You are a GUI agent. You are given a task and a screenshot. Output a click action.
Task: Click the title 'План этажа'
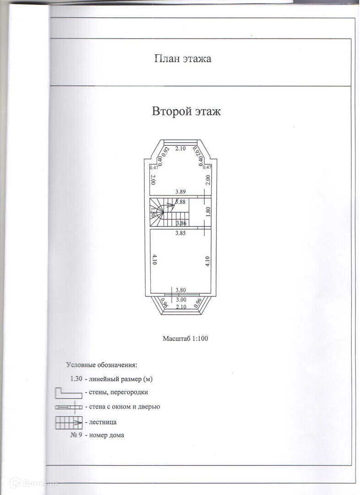click(x=182, y=59)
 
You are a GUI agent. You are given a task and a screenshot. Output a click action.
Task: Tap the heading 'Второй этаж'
click(x=186, y=111)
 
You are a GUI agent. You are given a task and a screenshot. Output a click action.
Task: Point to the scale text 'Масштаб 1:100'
click(x=185, y=339)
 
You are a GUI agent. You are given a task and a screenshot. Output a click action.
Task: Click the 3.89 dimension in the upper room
click(x=180, y=191)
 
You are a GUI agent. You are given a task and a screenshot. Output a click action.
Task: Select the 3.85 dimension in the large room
click(x=180, y=233)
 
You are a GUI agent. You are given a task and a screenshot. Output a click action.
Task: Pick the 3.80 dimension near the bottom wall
click(x=180, y=290)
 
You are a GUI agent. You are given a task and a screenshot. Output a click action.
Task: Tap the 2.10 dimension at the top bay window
click(x=180, y=148)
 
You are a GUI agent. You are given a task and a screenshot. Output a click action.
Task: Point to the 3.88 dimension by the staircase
click(x=180, y=202)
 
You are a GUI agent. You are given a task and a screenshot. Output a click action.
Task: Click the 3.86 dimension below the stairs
click(x=181, y=223)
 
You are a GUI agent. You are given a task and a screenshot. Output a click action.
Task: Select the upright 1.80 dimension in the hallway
click(x=208, y=212)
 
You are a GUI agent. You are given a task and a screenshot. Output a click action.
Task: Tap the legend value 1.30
click(x=76, y=379)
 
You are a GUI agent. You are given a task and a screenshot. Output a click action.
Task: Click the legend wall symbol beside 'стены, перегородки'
click(x=68, y=393)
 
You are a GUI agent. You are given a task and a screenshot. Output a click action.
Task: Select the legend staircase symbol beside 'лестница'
click(x=69, y=422)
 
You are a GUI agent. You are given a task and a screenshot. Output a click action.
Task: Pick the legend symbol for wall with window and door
click(x=69, y=407)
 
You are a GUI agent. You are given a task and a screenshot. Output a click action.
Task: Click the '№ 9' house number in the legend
click(x=76, y=434)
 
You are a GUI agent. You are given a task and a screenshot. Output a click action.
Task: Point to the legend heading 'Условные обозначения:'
click(x=102, y=365)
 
